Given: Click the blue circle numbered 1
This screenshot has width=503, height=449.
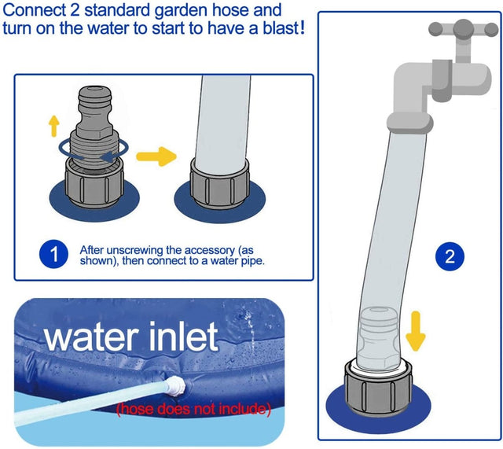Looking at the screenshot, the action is (x=53, y=254).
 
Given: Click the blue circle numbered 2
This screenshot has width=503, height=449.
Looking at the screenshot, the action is (x=450, y=256).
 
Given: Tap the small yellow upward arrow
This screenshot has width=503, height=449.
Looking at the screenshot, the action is (x=54, y=126).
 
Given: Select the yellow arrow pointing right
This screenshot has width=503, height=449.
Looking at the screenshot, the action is (x=156, y=156).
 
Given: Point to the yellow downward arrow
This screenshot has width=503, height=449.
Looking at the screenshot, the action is (x=416, y=331).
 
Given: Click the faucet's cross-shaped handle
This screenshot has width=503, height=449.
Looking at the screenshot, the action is (x=464, y=30).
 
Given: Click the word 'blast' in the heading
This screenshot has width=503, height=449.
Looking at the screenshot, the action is (x=281, y=28).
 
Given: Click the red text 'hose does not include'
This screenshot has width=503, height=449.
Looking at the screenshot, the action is (x=194, y=409).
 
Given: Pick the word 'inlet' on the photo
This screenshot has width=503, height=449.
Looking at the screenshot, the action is (x=183, y=337).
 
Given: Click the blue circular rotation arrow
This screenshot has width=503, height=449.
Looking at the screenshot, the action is (x=94, y=149).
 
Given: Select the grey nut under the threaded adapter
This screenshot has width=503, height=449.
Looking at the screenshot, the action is (x=93, y=182).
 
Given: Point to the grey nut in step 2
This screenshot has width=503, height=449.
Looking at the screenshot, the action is (x=378, y=388).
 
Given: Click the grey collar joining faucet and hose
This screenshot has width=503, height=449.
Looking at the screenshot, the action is (x=410, y=123).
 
